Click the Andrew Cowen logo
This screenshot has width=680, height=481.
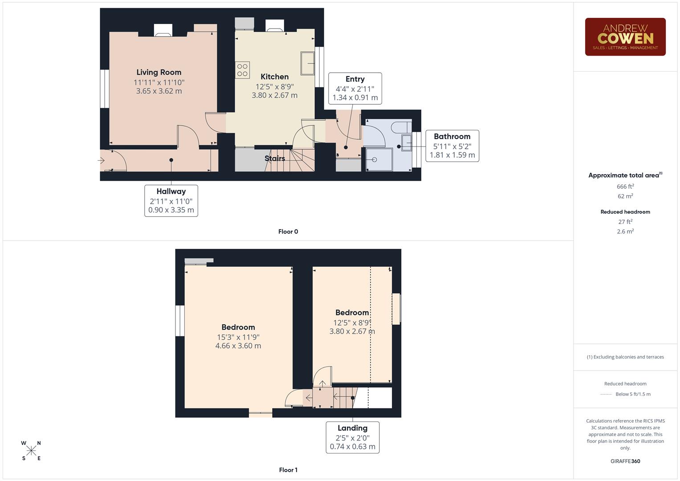[625, 37]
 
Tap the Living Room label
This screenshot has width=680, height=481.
[159, 72]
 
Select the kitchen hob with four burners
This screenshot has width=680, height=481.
[242, 70]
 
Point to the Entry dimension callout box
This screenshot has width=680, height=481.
[355, 88]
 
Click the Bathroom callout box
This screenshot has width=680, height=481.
[452, 146]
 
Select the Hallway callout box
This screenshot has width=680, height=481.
[171, 200]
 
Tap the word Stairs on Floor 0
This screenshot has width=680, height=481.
[275, 158]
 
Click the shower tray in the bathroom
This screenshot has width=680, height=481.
[379, 159]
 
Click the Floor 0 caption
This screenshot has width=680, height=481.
[288, 232]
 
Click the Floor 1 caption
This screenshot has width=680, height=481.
[288, 470]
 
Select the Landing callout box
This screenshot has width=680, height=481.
[352, 437]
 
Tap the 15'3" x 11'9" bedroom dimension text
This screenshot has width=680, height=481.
[238, 338]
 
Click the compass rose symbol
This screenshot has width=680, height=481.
[31, 451]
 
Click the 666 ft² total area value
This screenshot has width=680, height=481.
[625, 187]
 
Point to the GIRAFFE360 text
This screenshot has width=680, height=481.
[625, 461]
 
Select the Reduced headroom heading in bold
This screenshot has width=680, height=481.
[625, 212]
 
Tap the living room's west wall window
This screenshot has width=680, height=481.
[104, 89]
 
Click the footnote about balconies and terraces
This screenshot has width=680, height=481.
[625, 357]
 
